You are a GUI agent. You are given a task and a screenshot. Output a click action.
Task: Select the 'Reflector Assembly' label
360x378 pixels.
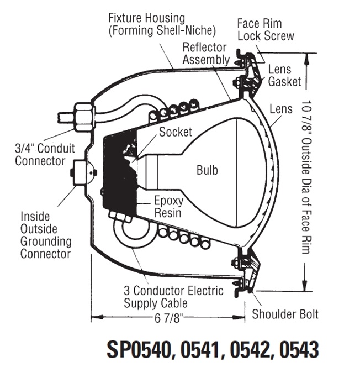click(x=206, y=53)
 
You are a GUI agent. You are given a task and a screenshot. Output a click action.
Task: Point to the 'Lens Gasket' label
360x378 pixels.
click(x=285, y=76)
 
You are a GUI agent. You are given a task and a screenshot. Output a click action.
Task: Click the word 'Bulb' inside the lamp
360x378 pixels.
click(x=207, y=170)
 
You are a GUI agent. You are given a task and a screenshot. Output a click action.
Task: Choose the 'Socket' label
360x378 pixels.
click(x=176, y=132)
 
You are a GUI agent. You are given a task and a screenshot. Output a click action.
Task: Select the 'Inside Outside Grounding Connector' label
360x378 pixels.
click(x=46, y=234)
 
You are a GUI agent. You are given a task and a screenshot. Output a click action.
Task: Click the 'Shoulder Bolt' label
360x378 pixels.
click(x=285, y=314)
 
